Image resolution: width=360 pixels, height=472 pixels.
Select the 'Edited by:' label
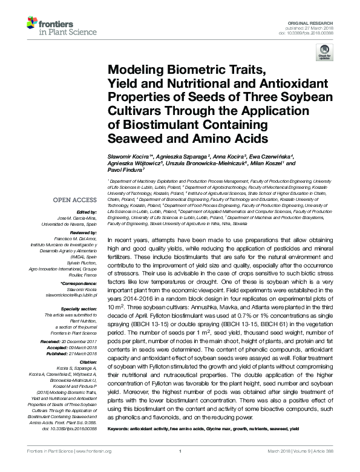[87, 212]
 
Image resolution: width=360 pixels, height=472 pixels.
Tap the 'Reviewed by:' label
[83, 233]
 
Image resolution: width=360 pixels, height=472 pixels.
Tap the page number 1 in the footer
[180, 467]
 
